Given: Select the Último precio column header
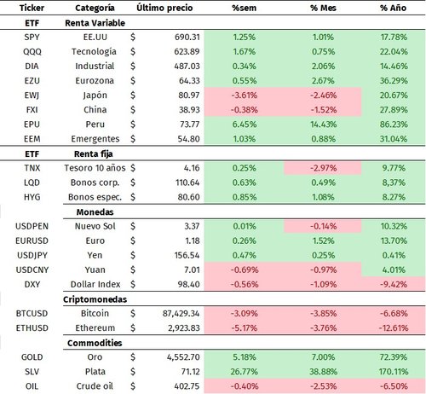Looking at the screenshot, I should (x=164, y=8).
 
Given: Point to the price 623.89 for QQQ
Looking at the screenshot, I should (x=181, y=52).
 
